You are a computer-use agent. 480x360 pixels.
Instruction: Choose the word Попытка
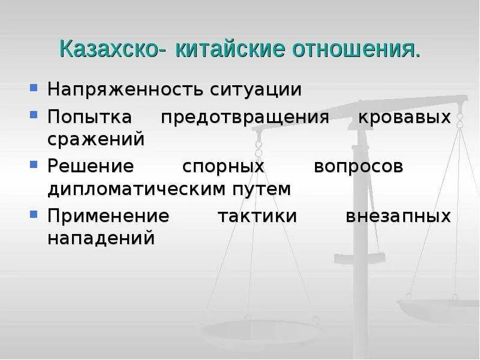tap(89, 116)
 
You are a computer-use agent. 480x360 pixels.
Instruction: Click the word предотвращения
tap(245, 116)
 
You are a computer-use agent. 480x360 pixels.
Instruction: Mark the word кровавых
tap(404, 116)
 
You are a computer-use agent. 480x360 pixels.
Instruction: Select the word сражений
tap(96, 139)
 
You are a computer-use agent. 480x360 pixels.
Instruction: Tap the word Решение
tap(90, 166)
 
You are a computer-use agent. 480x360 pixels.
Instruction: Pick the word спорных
tap(223, 166)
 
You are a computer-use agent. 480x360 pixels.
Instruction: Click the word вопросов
tap(358, 166)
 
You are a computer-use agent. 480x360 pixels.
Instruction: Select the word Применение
tap(108, 215)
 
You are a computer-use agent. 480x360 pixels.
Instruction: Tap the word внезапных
tap(398, 215)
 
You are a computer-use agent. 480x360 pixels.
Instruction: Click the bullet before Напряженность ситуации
tap(34, 89)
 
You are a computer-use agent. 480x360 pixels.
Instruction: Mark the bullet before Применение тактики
tap(34, 214)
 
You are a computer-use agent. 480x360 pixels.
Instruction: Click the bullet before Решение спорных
tap(34, 164)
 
